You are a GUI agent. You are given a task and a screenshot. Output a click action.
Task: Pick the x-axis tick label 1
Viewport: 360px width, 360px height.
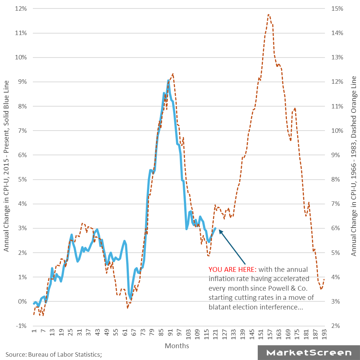tap(34, 333)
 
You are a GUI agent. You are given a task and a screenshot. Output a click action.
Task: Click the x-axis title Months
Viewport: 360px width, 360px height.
tap(177, 346)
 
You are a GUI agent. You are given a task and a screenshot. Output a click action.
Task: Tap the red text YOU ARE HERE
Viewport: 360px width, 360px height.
tap(232, 269)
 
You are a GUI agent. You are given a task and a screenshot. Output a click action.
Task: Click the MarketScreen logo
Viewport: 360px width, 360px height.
tap(309, 353)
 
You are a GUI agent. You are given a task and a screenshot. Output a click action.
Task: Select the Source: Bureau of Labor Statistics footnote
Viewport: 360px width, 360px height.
tap(54, 354)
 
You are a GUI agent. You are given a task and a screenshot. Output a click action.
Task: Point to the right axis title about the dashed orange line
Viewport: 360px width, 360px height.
tap(354, 166)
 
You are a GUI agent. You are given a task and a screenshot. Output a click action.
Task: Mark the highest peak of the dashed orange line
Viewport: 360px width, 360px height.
tap(268, 14)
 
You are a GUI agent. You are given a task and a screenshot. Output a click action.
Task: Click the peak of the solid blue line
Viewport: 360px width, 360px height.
tap(168, 80)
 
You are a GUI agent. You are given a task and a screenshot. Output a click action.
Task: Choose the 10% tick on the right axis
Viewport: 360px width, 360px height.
tap(337, 131)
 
